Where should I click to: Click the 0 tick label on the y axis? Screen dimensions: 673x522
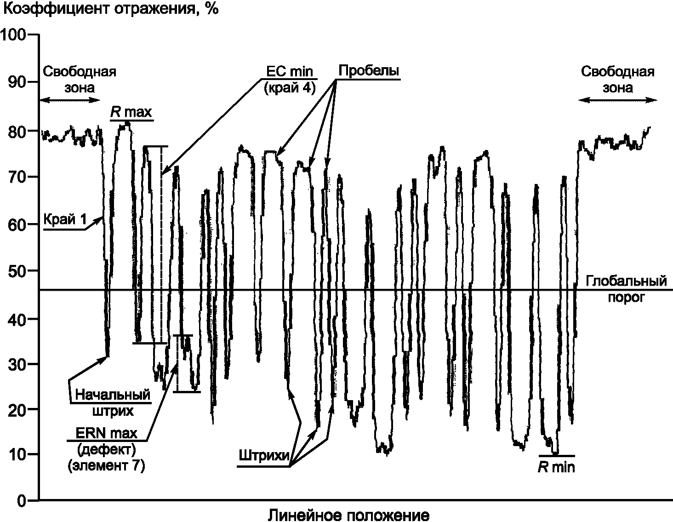[22, 500]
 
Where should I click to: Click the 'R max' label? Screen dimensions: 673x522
[131, 112]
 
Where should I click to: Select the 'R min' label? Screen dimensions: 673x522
[557, 467]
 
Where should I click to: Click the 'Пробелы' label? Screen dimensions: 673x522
[368, 71]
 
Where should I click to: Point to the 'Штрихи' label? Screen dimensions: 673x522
[264, 456]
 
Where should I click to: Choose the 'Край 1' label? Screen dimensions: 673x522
[65, 220]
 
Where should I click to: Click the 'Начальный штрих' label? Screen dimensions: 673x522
[113, 402]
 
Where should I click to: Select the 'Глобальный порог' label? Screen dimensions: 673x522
[626, 288]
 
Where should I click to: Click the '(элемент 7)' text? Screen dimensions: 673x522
[106, 466]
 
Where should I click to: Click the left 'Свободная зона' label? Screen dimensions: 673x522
[79, 79]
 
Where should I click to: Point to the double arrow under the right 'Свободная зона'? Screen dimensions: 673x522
[617, 100]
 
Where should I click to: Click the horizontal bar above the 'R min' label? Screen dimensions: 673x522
[557, 456]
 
